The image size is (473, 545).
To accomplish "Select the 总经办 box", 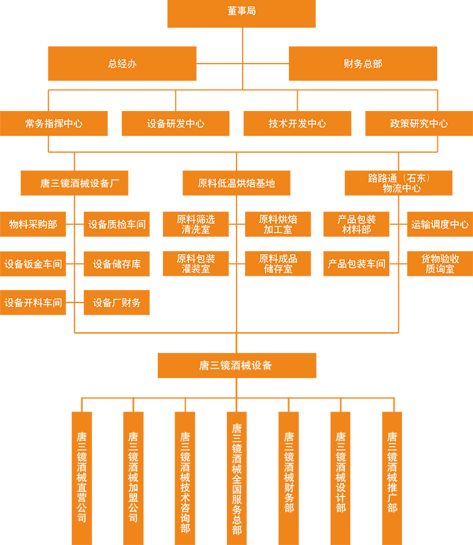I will click(x=122, y=63).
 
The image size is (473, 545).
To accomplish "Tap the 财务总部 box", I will click(x=363, y=63).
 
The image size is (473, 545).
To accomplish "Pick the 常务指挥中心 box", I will click(x=54, y=123).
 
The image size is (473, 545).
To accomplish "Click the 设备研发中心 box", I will click(x=176, y=123).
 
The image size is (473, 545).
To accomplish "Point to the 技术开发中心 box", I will click(x=297, y=123).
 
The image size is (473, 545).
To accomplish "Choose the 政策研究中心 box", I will click(x=419, y=123).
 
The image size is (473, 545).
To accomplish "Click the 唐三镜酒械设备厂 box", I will click(x=75, y=182).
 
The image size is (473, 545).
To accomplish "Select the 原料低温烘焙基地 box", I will click(x=236, y=182).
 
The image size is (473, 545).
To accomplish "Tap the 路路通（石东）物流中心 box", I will click(x=398, y=182).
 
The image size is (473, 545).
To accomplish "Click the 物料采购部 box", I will click(x=33, y=224).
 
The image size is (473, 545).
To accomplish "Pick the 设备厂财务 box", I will click(x=116, y=302).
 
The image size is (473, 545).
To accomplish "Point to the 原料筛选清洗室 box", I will click(x=196, y=224).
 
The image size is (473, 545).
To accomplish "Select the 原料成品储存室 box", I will click(x=278, y=263).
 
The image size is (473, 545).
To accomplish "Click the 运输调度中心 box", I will click(x=440, y=224).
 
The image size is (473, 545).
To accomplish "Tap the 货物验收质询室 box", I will click(x=440, y=263).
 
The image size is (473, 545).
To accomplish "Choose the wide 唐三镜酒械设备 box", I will click(x=236, y=365).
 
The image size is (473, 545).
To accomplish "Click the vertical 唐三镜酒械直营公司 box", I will click(x=82, y=477).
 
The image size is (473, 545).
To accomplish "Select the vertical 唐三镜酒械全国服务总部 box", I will click(x=237, y=477).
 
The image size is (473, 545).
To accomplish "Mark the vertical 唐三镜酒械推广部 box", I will click(x=392, y=477).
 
